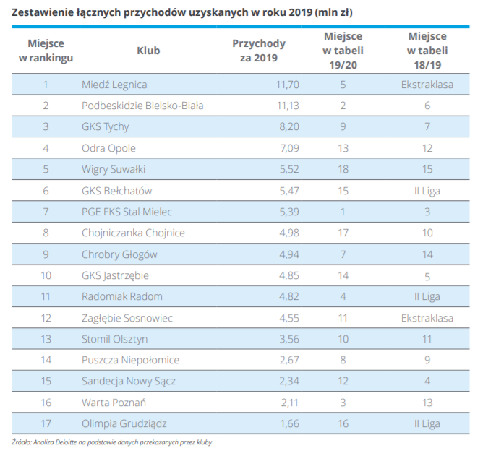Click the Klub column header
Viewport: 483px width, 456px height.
point(148,51)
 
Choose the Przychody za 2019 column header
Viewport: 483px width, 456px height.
point(259,51)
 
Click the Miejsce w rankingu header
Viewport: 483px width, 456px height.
point(46,51)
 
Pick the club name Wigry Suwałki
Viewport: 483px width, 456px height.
point(114,169)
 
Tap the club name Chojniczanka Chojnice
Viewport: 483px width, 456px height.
point(134,233)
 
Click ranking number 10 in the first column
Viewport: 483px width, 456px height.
point(46,275)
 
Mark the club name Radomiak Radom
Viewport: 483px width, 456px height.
point(122,296)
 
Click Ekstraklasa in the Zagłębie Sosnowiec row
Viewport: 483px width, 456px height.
point(427,318)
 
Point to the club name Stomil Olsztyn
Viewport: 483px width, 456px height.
point(115,339)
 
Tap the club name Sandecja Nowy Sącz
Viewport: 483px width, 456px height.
point(129,382)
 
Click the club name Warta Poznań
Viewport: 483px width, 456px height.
point(114,403)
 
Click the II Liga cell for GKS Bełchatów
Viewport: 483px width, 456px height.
point(427,191)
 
